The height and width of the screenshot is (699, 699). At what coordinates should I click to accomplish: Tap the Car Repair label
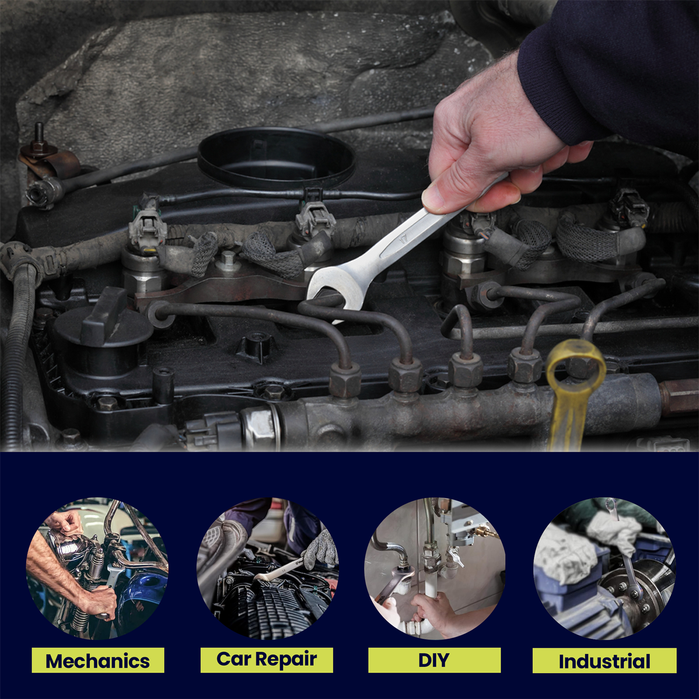(x=267, y=660)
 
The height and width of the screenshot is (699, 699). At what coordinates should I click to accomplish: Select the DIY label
(x=435, y=660)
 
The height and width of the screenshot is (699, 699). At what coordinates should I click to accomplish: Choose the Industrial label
(x=604, y=661)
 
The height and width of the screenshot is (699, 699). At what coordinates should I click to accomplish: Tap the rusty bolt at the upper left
(x=39, y=140)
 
